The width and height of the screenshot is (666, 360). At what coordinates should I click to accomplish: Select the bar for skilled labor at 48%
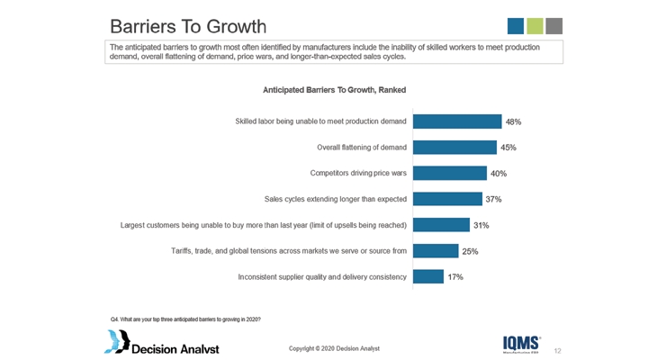point(456,121)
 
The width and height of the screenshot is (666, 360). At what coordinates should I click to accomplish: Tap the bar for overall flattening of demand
point(454,148)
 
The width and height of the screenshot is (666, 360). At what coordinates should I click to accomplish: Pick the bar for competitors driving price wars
point(449,174)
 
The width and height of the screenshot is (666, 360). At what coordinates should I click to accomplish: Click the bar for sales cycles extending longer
point(446,199)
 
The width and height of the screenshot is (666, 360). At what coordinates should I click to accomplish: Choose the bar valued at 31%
point(441,225)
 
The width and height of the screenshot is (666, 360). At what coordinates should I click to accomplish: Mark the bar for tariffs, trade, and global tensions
point(436,251)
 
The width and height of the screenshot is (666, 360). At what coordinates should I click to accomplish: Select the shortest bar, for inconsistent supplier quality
point(427,277)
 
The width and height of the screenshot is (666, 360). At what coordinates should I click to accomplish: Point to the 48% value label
point(513,121)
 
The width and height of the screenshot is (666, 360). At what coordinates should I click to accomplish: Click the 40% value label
point(498,174)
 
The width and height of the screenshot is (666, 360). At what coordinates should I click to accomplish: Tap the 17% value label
point(455,277)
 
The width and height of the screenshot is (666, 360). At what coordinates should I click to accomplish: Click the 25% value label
point(470,251)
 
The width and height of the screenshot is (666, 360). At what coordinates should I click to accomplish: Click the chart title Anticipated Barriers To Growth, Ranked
point(334,90)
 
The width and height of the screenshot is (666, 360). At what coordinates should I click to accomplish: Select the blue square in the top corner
point(516,25)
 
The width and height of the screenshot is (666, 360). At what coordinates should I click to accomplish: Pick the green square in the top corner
point(535,25)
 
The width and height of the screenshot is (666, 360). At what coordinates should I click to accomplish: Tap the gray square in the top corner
point(553,25)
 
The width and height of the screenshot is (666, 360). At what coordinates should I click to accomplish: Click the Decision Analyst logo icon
point(116,341)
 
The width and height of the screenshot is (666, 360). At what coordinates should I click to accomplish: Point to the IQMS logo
point(522,343)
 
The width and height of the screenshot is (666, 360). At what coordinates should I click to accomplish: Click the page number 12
point(558,349)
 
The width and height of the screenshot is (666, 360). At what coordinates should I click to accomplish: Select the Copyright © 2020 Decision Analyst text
point(333,347)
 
